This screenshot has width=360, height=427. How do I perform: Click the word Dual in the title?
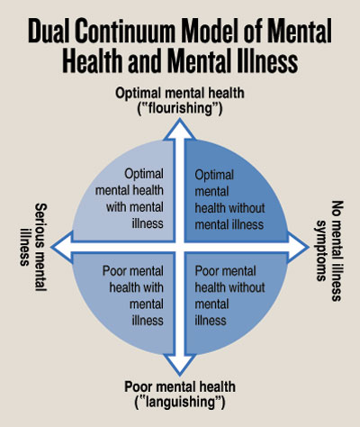click(x=48, y=31)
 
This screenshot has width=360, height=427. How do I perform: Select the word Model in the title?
click(x=211, y=31)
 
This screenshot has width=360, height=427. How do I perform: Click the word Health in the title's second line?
click(x=92, y=61)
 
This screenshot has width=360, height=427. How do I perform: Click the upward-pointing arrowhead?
click(x=180, y=129)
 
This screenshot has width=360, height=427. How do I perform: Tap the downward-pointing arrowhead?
click(x=180, y=365)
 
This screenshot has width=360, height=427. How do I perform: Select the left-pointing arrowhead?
click(x=62, y=247)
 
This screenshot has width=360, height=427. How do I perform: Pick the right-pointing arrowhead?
click(x=298, y=247)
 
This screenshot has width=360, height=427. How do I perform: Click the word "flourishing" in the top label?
click(x=180, y=108)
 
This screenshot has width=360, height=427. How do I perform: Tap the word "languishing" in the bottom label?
click(x=180, y=402)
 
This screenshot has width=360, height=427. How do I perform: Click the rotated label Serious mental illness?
click(x=33, y=247)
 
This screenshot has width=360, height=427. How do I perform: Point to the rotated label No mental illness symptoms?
click(x=329, y=250)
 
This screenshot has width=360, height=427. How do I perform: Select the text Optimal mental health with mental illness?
click(x=130, y=198)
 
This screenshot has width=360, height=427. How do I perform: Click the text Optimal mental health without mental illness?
click(x=229, y=200)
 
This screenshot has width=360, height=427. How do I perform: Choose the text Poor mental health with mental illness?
click(x=133, y=295)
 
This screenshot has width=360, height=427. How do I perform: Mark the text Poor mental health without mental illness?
click(x=229, y=295)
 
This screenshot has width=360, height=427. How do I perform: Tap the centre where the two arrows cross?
click(x=180, y=247)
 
